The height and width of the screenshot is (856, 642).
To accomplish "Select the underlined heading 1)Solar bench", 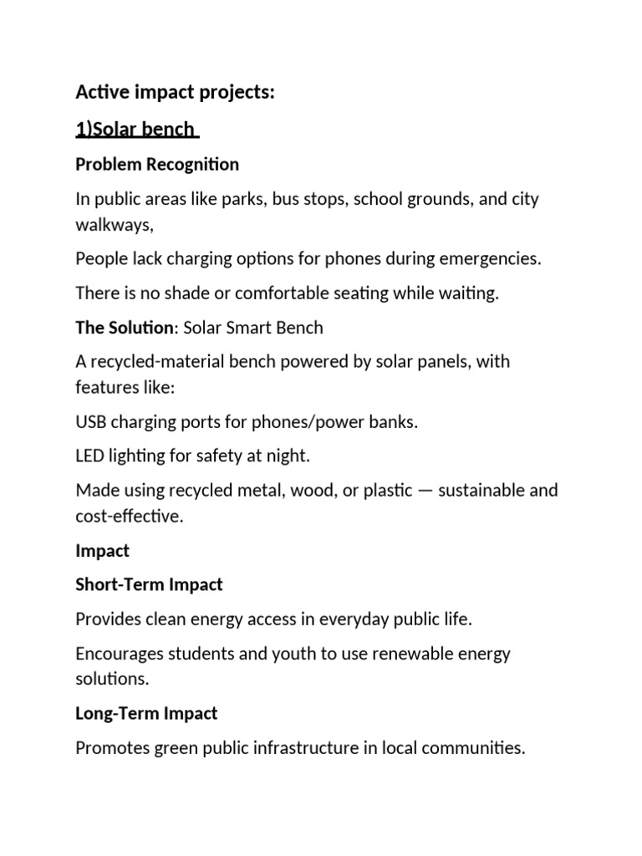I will tap(135, 130).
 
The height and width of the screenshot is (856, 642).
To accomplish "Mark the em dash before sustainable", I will tap(425, 490).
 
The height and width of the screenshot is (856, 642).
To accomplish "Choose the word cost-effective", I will tap(128, 516).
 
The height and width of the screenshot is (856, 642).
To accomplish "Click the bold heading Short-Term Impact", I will tap(149, 584).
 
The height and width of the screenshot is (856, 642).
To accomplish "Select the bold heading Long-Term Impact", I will tap(146, 713).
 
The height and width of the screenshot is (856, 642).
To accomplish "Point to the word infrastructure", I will tap(299, 748).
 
